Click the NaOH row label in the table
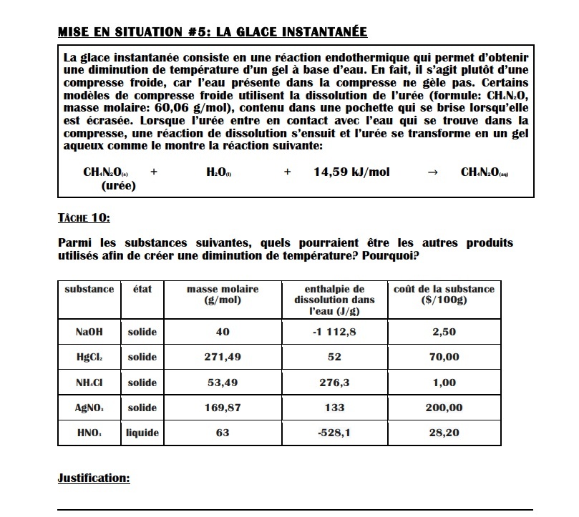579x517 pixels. pyautogui.click(x=89, y=332)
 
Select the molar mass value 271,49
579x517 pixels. pyautogui.click(x=223, y=357)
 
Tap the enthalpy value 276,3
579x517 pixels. pyautogui.click(x=334, y=383)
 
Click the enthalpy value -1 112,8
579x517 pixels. pyautogui.click(x=334, y=332)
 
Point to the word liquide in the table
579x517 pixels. pyautogui.click(x=142, y=433)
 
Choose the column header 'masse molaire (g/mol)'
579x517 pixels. pyautogui.click(x=223, y=295)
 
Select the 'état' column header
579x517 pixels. pyautogui.click(x=142, y=289)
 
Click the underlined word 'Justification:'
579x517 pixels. pyautogui.click(x=94, y=478)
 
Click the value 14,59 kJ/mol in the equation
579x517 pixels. pyautogui.click(x=351, y=172)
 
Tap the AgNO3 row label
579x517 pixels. pyautogui.click(x=89, y=408)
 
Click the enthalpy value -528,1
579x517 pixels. pyautogui.click(x=334, y=433)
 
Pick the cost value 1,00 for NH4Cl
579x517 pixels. pyautogui.click(x=444, y=383)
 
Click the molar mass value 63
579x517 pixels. pyautogui.click(x=223, y=433)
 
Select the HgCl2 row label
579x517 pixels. pyautogui.click(x=89, y=357)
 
